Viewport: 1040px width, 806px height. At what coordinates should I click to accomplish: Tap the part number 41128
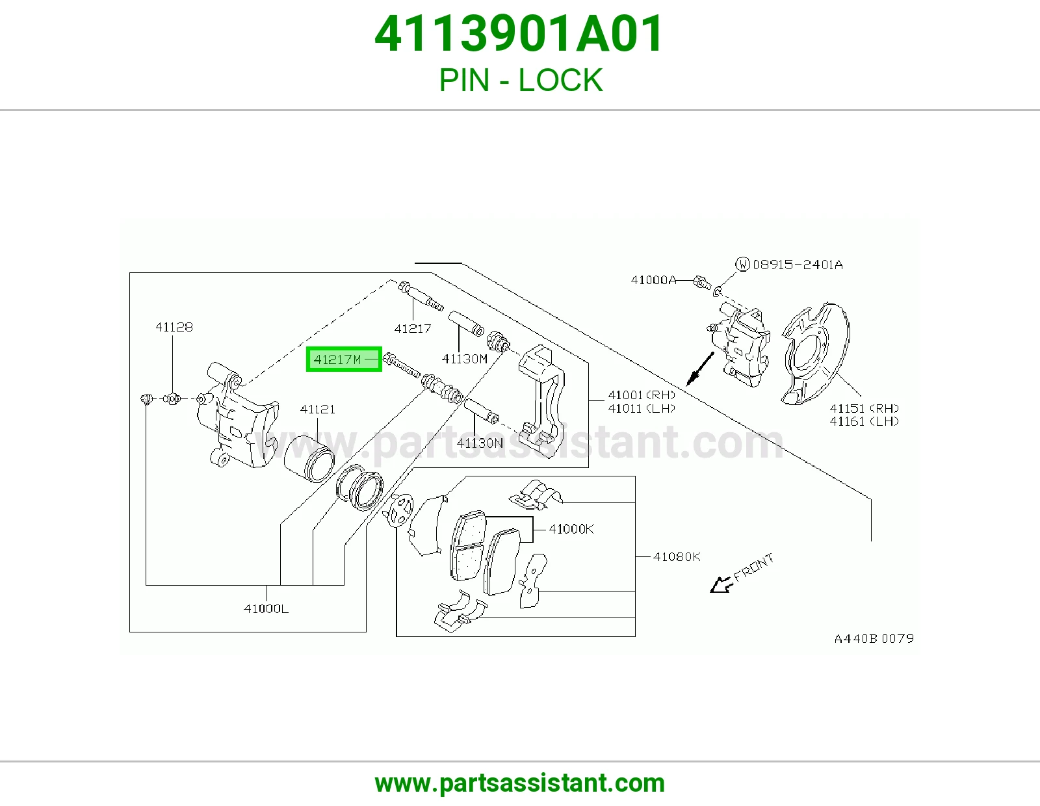pos(174,327)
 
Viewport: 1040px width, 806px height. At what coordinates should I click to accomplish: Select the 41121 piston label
pos(317,409)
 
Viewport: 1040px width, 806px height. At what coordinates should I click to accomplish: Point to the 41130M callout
pos(464,359)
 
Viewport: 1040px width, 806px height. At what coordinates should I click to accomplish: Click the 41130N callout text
pos(480,443)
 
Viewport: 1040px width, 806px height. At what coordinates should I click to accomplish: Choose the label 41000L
pos(266,608)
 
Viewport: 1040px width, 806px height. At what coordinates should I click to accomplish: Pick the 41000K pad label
pos(571,529)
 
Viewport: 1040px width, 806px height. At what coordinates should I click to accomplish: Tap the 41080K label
pos(677,556)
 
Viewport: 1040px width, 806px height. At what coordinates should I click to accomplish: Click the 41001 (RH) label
pos(642,395)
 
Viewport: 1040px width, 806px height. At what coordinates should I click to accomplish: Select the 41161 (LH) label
pos(864,421)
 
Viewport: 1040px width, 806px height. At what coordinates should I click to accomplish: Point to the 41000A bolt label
pos(653,280)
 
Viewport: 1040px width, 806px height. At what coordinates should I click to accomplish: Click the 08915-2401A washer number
pos(798,265)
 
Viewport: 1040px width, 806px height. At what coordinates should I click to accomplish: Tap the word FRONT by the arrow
pos(754,567)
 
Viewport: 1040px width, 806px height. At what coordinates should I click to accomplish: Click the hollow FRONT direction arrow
pos(721,584)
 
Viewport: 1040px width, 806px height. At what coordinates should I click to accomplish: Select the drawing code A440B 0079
pos(874,639)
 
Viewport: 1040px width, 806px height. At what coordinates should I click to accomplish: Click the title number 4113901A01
pos(519,34)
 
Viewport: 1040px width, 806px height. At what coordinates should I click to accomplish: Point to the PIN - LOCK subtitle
pos(521,80)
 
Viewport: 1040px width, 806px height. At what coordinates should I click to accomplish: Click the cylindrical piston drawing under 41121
pos(309,460)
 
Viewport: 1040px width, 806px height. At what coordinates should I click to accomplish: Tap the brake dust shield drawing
pos(816,353)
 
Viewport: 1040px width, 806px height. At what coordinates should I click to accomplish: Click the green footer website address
pos(520,783)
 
